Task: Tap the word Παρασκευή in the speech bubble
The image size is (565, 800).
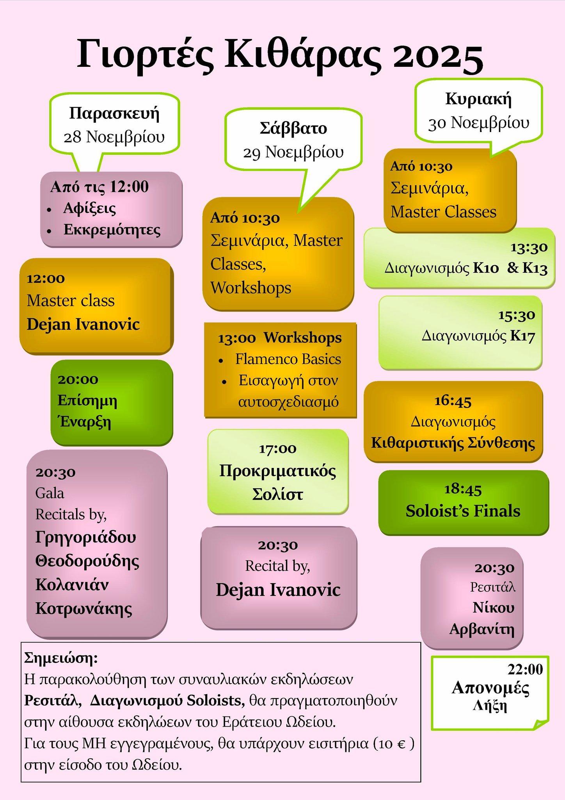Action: tap(114, 114)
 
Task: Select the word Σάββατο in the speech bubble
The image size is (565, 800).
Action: tap(293, 129)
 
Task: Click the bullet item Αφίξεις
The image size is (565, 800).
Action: tap(90, 209)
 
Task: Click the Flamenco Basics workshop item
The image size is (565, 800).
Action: tap(288, 359)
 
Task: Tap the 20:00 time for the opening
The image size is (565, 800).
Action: tap(78, 379)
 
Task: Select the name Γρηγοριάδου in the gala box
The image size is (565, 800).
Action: tap(85, 537)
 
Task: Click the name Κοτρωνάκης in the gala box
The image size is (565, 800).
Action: tap(84, 609)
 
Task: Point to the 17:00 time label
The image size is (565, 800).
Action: tap(278, 449)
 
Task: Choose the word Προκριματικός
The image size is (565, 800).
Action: tap(277, 471)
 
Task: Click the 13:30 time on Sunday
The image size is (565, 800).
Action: tap(529, 247)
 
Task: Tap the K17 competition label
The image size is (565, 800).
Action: tap(522, 336)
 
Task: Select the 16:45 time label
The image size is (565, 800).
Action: tap(453, 401)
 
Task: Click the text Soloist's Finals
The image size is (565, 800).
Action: tap(463, 511)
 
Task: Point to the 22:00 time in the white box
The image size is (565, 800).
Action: tap(525, 670)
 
